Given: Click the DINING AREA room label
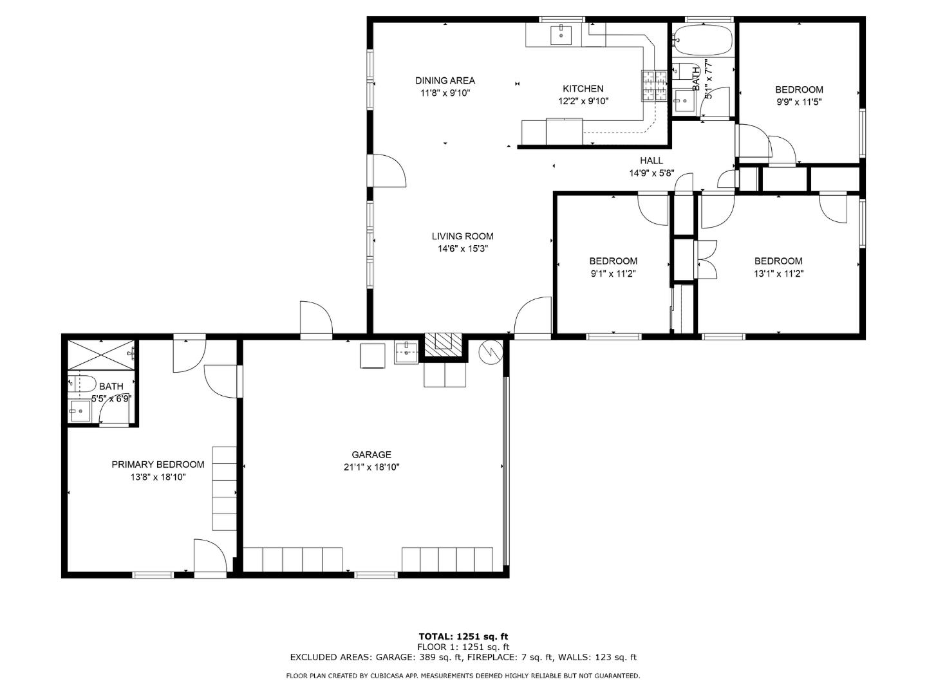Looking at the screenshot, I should pyautogui.click(x=445, y=80).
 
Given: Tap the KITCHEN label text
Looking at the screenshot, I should pyautogui.click(x=583, y=89).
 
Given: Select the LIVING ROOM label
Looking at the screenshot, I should pyautogui.click(x=462, y=236).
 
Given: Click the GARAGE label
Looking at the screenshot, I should pyautogui.click(x=371, y=455).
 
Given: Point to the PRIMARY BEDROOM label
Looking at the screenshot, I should pyautogui.click(x=158, y=465).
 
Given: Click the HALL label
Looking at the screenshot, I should pyautogui.click(x=651, y=161).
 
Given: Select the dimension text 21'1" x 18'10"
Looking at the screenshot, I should pyautogui.click(x=371, y=467).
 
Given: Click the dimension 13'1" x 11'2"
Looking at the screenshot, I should pyautogui.click(x=778, y=273).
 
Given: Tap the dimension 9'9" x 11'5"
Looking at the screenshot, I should pyautogui.click(x=798, y=102).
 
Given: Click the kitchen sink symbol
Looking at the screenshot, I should pyautogui.click(x=561, y=35).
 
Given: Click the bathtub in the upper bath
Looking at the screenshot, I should pyautogui.click(x=703, y=40).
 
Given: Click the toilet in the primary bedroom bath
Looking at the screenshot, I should pyautogui.click(x=82, y=384).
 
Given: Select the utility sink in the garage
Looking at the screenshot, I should pyautogui.click(x=406, y=352).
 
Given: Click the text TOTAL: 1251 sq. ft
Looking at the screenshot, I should pyautogui.click(x=463, y=636).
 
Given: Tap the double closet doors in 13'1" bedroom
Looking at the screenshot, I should pyautogui.click(x=707, y=260).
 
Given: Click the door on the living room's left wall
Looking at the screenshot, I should pyautogui.click(x=389, y=171).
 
